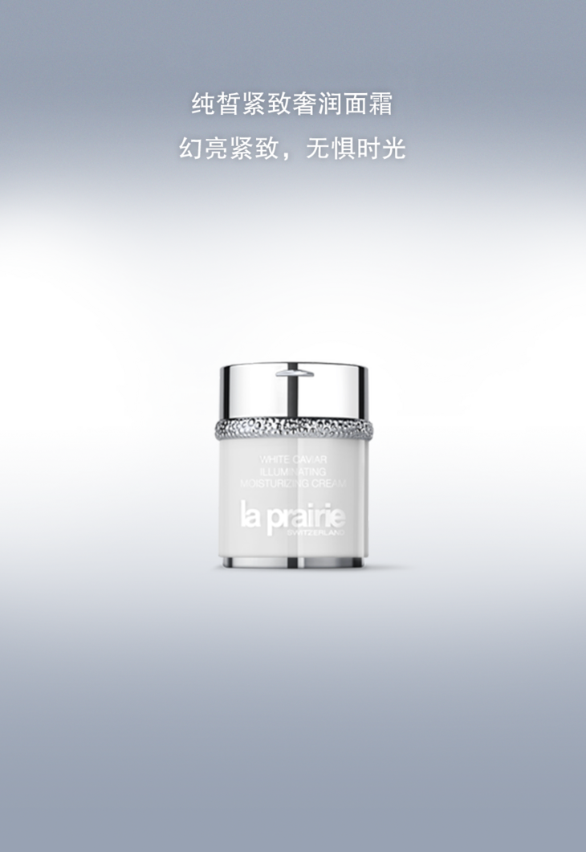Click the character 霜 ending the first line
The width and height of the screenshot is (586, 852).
point(381,104)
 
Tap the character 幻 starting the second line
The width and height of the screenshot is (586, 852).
point(191,149)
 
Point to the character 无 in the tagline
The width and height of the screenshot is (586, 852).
point(318,149)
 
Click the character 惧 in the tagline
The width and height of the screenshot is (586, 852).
point(344,149)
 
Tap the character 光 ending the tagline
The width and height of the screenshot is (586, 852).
point(394,149)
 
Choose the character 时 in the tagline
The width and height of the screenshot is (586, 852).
point(368,149)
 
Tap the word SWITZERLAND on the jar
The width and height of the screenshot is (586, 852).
point(315,532)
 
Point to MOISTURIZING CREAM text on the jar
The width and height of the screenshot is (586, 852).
point(291,483)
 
